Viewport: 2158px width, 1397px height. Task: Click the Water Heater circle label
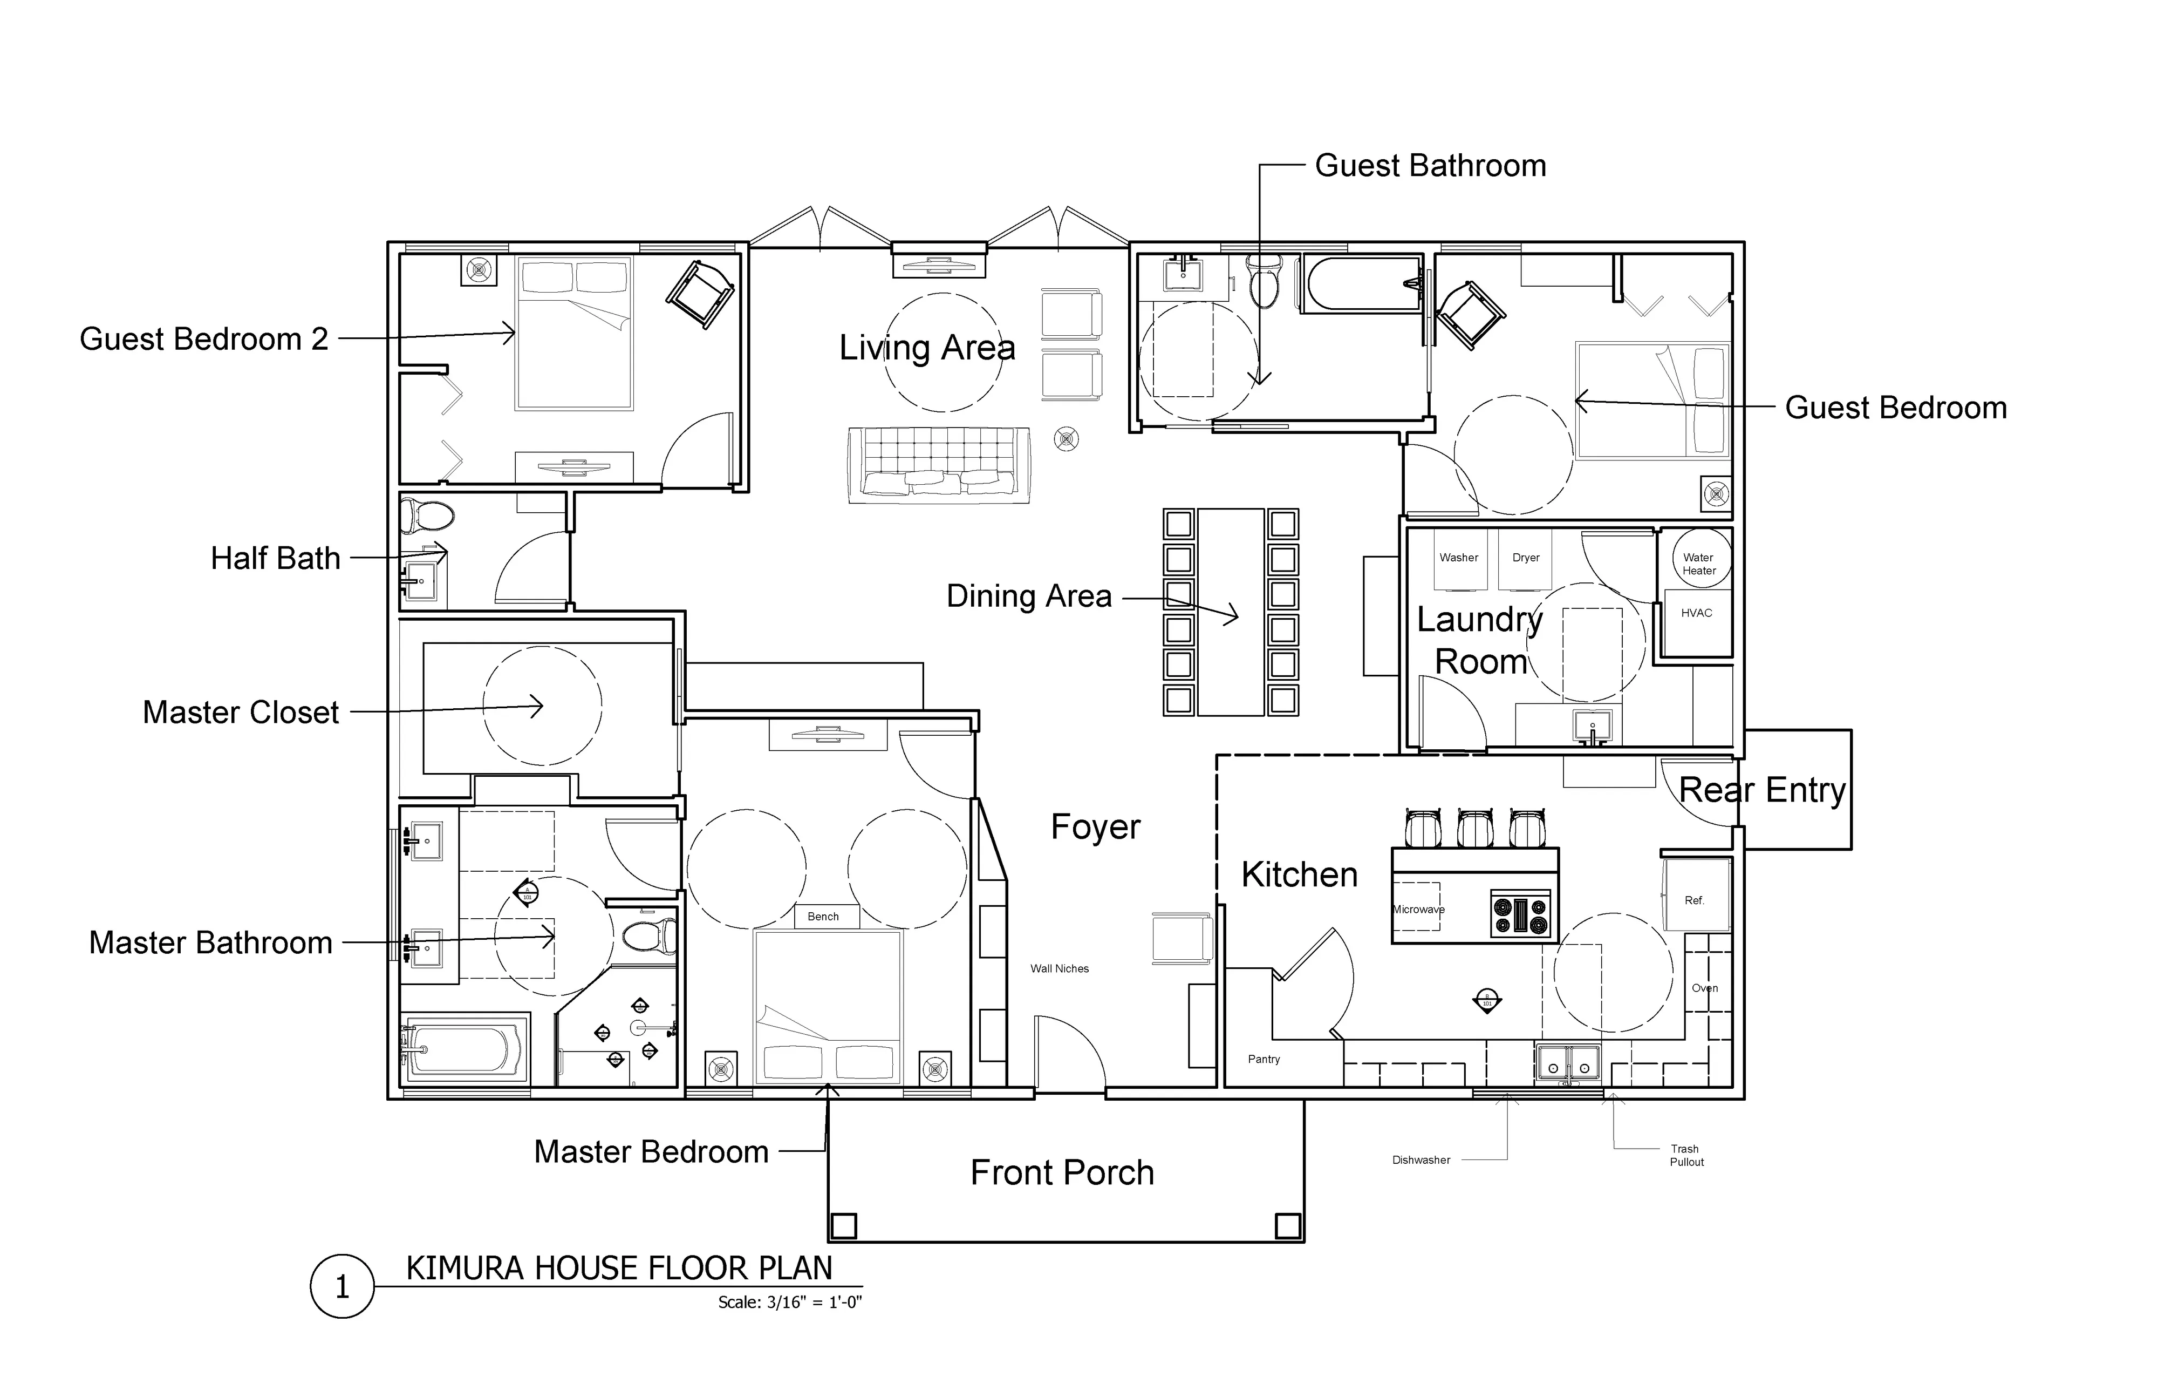tap(1698, 564)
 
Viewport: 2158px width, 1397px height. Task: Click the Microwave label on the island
tap(1418, 909)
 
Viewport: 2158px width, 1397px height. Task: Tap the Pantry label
tap(1263, 1059)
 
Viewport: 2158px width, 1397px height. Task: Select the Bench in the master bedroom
tap(823, 916)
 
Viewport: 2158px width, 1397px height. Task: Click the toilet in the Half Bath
tap(427, 516)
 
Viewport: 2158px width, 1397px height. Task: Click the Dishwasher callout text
tap(1421, 1159)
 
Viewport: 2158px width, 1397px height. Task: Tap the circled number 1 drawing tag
tap(342, 1286)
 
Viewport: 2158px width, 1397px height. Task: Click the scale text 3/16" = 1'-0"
tap(789, 1303)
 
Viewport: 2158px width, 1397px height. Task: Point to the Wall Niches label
tap(1059, 968)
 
